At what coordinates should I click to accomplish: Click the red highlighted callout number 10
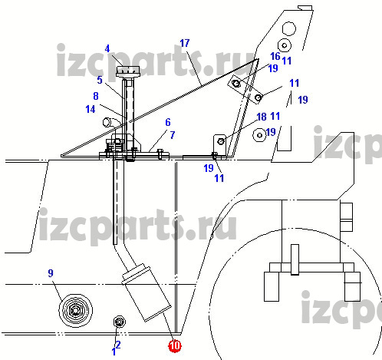pos(175,346)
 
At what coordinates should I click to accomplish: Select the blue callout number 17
pos(185,43)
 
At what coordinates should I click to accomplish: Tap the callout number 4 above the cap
pos(107,48)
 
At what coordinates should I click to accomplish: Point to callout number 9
pos(51,273)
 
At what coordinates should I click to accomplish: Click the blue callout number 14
pos(91,109)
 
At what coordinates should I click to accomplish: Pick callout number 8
pos(96,96)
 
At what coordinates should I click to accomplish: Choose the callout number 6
pos(168,122)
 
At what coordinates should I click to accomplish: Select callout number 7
pos(173,135)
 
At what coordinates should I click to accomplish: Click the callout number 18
pos(262,117)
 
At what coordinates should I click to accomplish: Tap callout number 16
pos(275,56)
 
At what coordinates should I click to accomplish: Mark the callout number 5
pos(100,80)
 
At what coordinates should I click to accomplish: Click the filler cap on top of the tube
pos(127,71)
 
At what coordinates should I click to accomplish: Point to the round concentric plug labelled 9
pos(75,311)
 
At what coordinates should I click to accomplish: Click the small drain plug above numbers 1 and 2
pos(119,322)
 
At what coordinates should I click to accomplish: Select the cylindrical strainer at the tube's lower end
pos(147,292)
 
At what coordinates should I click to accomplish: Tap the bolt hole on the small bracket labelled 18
pos(221,141)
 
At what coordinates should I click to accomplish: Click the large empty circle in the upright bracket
pos(289,28)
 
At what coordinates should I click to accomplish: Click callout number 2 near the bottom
pos(118,345)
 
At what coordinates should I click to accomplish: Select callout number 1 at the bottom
pos(114,352)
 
